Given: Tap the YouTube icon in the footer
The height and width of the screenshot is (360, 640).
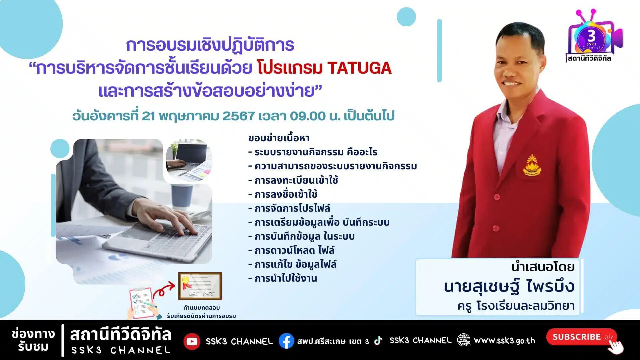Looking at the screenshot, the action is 192,341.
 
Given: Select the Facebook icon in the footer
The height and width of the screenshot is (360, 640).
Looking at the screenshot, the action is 286,341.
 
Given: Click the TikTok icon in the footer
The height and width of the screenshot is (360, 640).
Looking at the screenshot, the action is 378,340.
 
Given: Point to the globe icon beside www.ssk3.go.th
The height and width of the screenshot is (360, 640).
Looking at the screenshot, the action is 464,340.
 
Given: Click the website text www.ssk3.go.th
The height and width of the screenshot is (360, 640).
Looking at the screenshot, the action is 504,340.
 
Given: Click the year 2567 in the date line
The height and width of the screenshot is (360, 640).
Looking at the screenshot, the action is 239,116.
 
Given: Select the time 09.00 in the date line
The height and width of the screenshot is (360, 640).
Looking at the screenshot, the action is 308,116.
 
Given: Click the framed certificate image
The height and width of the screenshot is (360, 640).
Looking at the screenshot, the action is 200,286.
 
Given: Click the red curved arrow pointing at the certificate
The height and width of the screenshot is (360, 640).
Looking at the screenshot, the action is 164,289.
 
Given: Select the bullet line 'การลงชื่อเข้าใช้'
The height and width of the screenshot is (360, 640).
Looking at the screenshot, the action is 283,194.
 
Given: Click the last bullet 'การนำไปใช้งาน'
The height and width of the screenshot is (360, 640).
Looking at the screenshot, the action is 283,278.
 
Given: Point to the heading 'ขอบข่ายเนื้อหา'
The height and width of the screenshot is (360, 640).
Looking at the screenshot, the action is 279,138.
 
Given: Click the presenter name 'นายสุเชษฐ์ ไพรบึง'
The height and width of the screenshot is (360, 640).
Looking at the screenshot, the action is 509,287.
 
